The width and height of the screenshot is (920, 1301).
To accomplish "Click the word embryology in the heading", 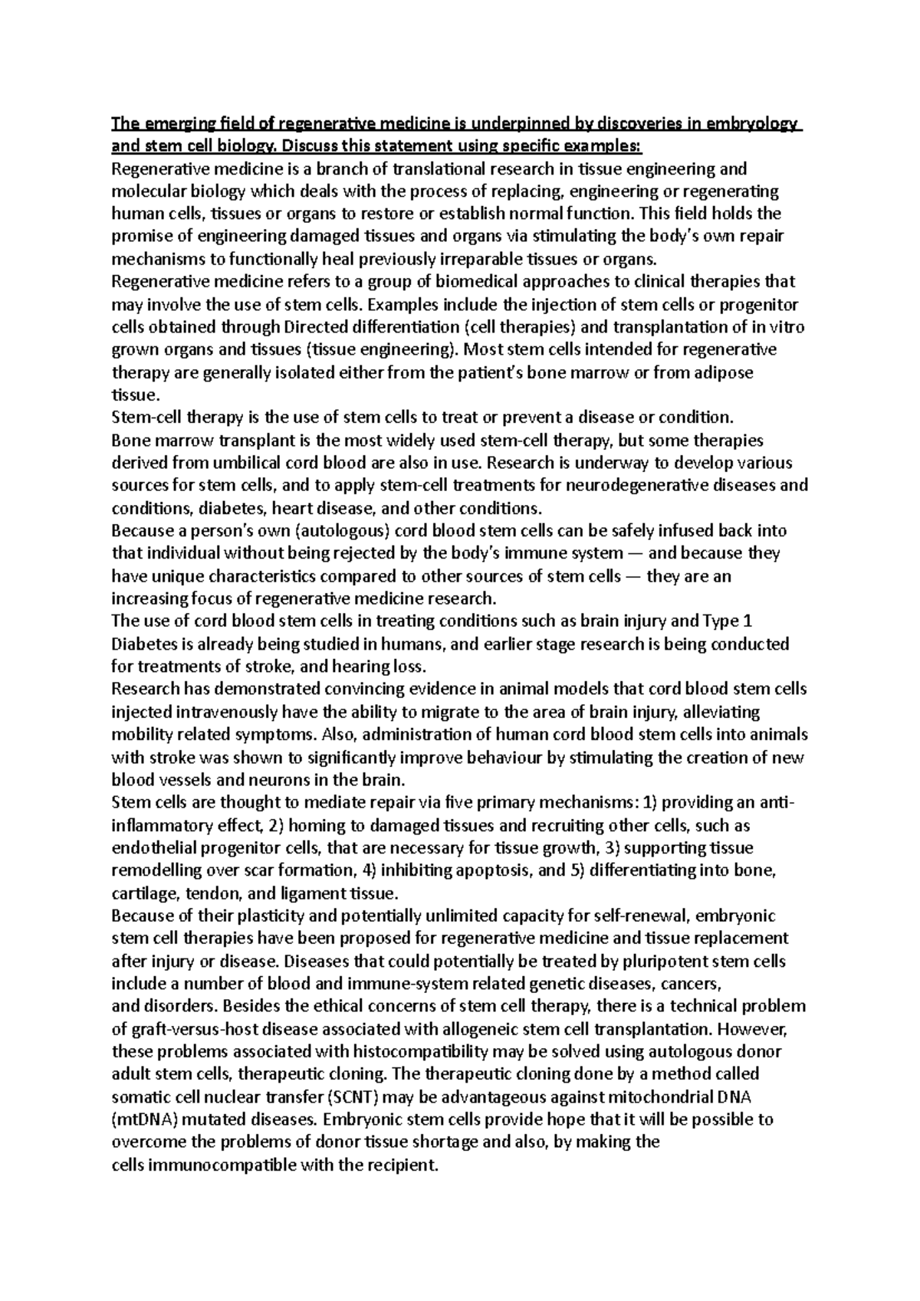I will tap(754, 124).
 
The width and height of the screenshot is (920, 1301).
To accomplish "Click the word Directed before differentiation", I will tap(318, 327).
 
